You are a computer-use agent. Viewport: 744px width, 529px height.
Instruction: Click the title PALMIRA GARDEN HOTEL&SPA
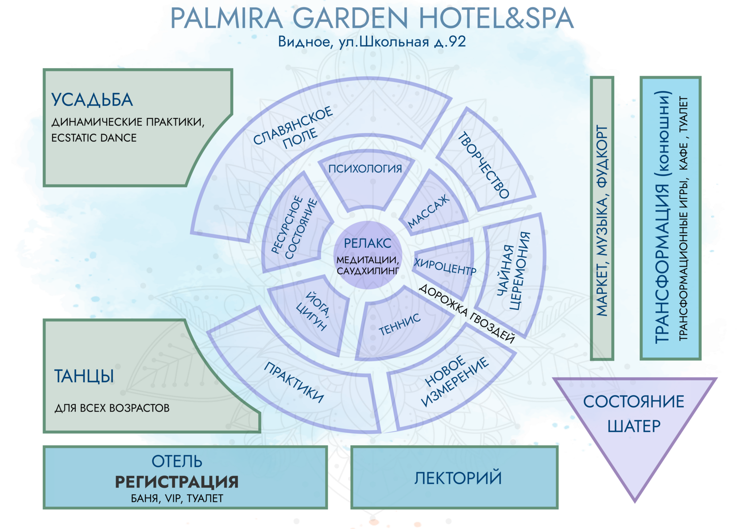tap(372, 19)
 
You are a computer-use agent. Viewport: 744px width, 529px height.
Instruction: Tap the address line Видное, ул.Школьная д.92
tap(372, 42)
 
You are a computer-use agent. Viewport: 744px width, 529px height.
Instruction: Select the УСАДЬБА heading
tap(92, 100)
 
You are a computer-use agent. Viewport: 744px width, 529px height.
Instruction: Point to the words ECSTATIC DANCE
tap(94, 138)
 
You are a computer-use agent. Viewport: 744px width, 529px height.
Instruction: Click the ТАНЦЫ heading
tap(84, 377)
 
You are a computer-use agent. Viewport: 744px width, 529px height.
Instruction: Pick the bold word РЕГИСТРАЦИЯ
tap(177, 482)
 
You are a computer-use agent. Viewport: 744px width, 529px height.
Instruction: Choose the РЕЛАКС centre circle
tap(368, 255)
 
